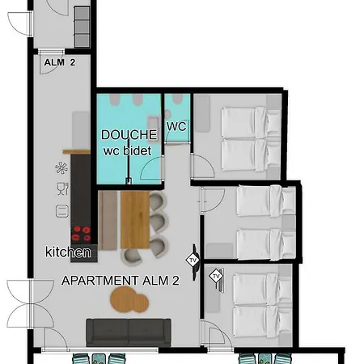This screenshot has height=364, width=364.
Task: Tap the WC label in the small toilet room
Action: [176, 127]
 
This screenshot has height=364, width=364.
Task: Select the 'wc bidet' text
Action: [128, 150]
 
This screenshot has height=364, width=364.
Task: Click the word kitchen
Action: [68, 253]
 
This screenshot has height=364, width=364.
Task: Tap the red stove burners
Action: [82, 233]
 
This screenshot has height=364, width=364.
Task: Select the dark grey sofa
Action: [129, 330]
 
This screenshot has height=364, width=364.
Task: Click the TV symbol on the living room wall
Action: [193, 260]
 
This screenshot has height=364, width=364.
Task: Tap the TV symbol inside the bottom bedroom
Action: [216, 277]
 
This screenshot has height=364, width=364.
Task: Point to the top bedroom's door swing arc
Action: [202, 166]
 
